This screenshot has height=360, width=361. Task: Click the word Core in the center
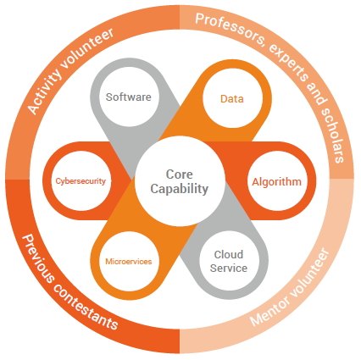(x=180, y=174)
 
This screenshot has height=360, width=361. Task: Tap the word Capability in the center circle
(x=180, y=189)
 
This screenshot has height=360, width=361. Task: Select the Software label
(x=129, y=97)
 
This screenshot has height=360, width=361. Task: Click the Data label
(x=232, y=99)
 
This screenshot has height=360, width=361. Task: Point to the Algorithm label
(x=277, y=182)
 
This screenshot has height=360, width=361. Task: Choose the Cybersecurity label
(x=81, y=181)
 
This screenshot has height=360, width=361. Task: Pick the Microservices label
(x=129, y=262)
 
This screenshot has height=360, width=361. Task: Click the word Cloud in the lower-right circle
(x=229, y=254)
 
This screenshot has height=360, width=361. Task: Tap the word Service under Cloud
(x=229, y=268)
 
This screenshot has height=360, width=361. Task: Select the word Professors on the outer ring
(x=230, y=28)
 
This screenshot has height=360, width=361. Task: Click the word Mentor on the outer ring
(x=270, y=311)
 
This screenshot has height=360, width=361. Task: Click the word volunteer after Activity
(x=88, y=48)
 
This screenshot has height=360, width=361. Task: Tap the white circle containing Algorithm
(x=277, y=180)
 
